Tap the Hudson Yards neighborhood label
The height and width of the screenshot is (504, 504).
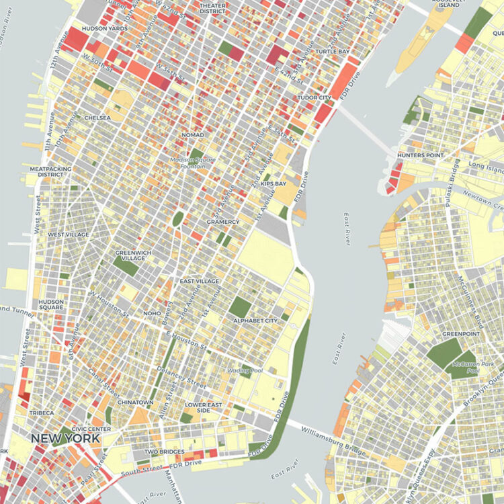104,29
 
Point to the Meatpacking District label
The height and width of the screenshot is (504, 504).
46,171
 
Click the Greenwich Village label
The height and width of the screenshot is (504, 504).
134,256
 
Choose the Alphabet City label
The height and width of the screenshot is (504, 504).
255,321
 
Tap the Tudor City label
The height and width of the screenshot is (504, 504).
314,97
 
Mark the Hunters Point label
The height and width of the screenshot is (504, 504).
421,155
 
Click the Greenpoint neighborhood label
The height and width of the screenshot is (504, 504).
460,334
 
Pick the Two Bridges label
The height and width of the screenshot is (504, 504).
164,452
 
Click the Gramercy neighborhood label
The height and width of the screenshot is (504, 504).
223,222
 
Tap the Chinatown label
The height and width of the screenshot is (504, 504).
136,402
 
